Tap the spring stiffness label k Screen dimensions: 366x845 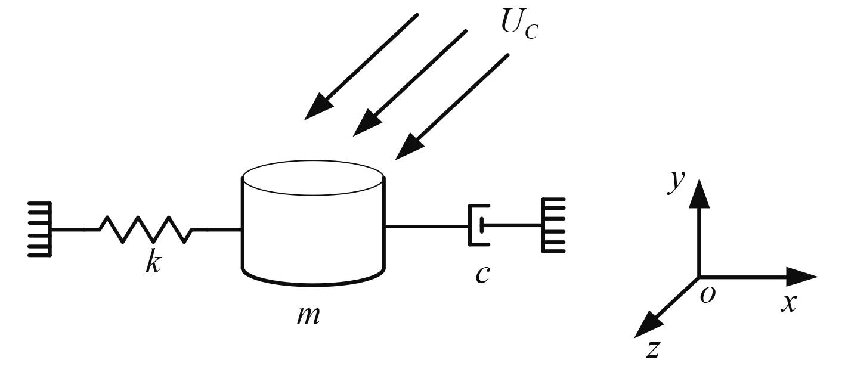click(153, 262)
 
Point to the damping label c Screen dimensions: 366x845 click(483, 274)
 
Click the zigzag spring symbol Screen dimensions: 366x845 click(146, 229)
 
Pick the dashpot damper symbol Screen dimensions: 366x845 click(479, 225)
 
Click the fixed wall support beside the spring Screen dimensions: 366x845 click(41, 229)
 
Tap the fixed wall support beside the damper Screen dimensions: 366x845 click(552, 225)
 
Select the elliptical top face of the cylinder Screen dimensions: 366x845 click(312, 177)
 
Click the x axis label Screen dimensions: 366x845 click(789, 303)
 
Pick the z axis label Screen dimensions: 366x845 click(654, 349)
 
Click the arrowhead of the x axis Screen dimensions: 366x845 click(801, 277)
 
